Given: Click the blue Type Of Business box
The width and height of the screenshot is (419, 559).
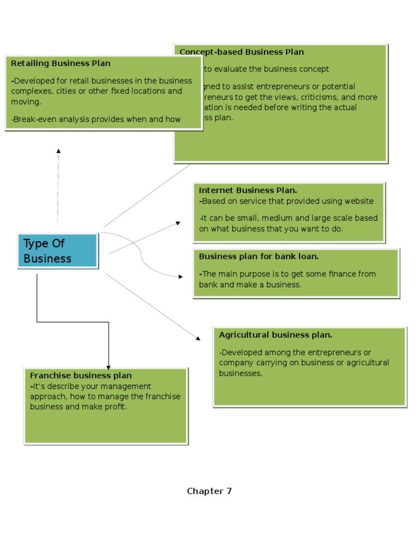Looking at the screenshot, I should coord(58,251).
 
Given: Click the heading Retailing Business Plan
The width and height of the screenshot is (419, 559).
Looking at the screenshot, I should coord(61,63).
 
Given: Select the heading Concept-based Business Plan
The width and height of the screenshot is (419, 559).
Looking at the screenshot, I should coord(242,52).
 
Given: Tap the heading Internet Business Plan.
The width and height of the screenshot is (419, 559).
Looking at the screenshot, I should coord(248,191).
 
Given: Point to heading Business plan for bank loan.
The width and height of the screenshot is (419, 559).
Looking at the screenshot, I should coord(259,256).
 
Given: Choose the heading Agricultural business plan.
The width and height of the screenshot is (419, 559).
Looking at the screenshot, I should coord(276,335).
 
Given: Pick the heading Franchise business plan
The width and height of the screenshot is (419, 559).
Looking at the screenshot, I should coord(81,376).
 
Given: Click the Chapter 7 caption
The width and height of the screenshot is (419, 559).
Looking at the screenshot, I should coord(209,491).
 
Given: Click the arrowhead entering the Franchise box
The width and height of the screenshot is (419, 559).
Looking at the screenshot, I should coord(109,367).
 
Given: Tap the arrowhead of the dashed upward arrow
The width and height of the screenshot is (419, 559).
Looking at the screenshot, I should coord(58,151).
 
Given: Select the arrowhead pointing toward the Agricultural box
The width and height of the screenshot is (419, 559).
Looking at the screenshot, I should coord(198,338).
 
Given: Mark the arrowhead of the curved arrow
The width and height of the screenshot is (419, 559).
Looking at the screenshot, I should coord(181,277).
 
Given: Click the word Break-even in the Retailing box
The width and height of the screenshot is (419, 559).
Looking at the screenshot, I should coord(33,119).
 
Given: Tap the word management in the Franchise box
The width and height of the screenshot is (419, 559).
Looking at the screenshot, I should coord(127,386).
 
